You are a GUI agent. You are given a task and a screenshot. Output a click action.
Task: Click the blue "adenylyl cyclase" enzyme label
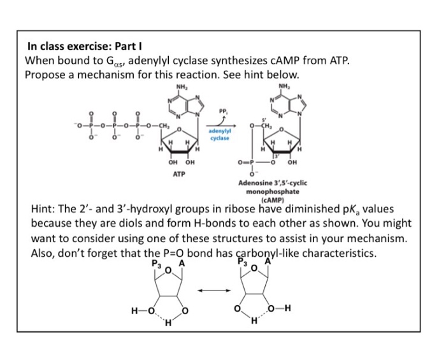(218, 134)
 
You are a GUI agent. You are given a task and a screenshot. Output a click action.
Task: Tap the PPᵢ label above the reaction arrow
(222, 113)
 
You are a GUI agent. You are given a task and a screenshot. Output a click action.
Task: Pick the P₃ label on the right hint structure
(241, 261)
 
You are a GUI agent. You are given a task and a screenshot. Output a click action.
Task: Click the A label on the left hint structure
(182, 263)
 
